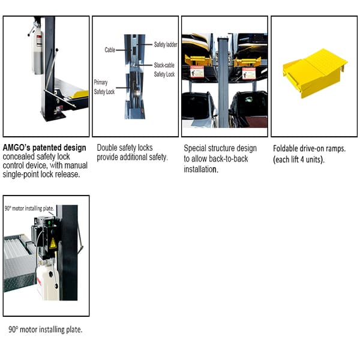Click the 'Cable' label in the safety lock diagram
110,50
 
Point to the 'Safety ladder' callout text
166,45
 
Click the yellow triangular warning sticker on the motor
52,243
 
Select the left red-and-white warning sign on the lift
196,73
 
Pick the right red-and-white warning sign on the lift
248,73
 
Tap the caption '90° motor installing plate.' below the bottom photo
45,329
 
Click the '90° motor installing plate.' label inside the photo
29,209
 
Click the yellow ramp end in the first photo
78,94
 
